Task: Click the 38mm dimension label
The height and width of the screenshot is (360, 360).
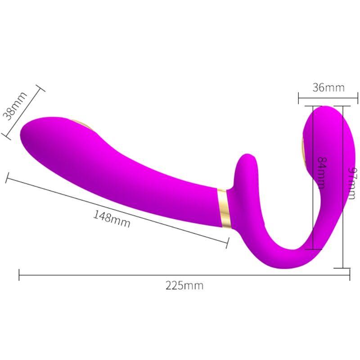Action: (15, 106)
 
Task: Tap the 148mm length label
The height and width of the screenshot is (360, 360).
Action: (112, 218)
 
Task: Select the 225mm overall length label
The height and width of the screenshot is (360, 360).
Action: (184, 285)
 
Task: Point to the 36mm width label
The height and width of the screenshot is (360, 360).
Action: (328, 87)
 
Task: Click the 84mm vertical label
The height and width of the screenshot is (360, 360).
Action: (321, 173)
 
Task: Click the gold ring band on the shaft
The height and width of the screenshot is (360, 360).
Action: (224, 208)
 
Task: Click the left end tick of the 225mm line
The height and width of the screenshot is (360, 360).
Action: (19, 274)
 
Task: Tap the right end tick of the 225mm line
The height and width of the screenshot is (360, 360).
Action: (349, 274)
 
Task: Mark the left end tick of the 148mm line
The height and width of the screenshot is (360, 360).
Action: (7, 177)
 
